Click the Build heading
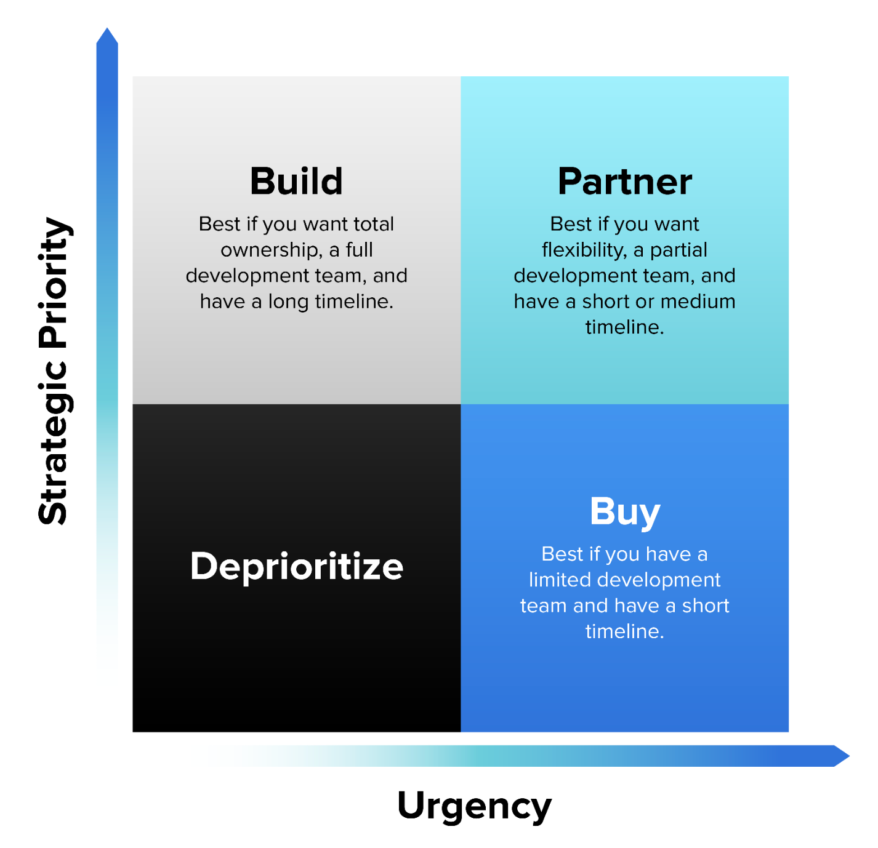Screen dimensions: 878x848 pyautogui.click(x=296, y=182)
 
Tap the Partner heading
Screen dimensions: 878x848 pyautogui.click(x=624, y=182)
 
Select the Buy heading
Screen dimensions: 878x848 pyautogui.click(x=624, y=512)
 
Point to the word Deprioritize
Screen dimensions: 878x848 pyautogui.click(x=296, y=566)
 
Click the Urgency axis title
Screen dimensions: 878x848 pyautogui.click(x=474, y=806)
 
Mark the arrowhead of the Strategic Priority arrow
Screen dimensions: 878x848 pyautogui.click(x=107, y=37)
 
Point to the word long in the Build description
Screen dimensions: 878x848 pyautogui.click(x=288, y=302)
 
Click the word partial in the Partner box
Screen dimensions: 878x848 pyautogui.click(x=679, y=250)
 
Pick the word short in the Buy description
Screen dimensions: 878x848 pyautogui.click(x=706, y=606)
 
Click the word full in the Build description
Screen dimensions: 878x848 pyautogui.click(x=360, y=250)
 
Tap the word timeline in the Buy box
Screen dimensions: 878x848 pyautogui.click(x=623, y=631)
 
